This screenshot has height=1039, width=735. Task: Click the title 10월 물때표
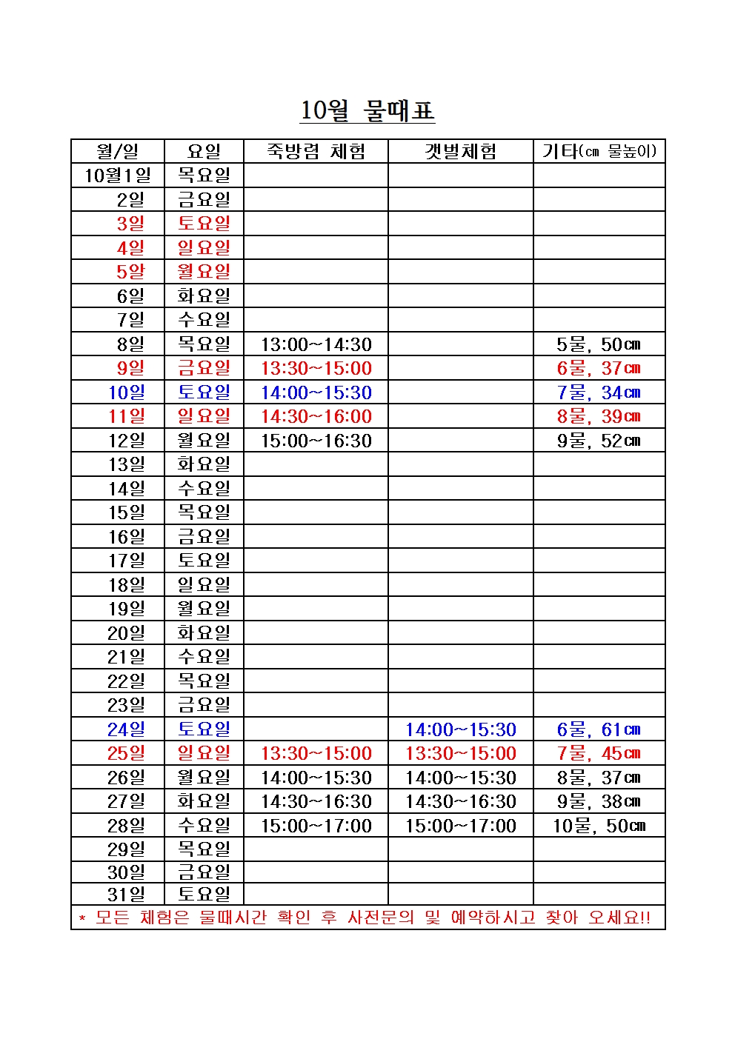pyautogui.click(x=367, y=111)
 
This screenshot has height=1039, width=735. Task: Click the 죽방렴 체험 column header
pyautogui.click(x=316, y=152)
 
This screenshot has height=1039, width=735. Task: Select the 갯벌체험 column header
pyautogui.click(x=460, y=152)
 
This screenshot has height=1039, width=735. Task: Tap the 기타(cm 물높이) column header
pyautogui.click(x=599, y=152)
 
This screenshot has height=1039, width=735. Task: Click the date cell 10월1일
pyautogui.click(x=117, y=176)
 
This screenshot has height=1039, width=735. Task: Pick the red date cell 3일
pyautogui.click(x=130, y=224)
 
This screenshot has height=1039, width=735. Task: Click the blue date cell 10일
pyautogui.click(x=127, y=392)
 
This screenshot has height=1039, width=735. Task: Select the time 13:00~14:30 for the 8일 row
pyautogui.click(x=316, y=344)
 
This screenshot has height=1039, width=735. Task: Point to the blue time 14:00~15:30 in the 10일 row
pyautogui.click(x=316, y=392)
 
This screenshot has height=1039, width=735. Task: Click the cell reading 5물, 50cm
pyautogui.click(x=599, y=344)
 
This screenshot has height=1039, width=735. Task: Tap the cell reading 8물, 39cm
pyautogui.click(x=599, y=416)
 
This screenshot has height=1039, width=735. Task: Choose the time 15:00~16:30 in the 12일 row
pyautogui.click(x=316, y=441)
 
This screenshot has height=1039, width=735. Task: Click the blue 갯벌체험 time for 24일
pyautogui.click(x=460, y=729)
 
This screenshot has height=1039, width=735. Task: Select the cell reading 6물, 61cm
pyautogui.click(x=599, y=729)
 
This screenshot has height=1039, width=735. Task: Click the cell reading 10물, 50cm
pyautogui.click(x=599, y=826)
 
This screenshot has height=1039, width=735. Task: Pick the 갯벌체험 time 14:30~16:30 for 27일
pyautogui.click(x=460, y=801)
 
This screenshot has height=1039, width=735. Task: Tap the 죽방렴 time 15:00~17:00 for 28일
pyautogui.click(x=316, y=826)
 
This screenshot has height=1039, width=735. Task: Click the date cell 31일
pyautogui.click(x=127, y=894)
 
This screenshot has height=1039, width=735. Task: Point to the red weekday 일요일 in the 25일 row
pyautogui.click(x=204, y=753)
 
